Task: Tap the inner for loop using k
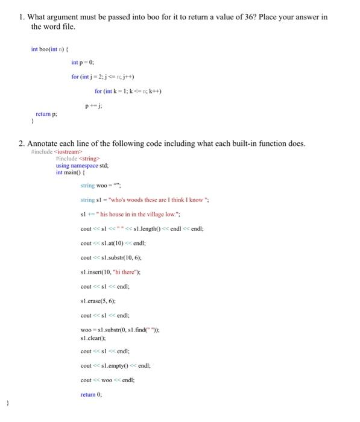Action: pyautogui.click(x=128, y=91)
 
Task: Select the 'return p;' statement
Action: pyautogui.click(x=47, y=113)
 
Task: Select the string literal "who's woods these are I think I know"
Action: pyautogui.click(x=156, y=200)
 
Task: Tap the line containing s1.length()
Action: pyautogui.click(x=142, y=228)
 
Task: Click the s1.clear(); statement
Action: pyautogui.click(x=92, y=337)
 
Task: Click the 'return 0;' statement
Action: pyautogui.click(x=91, y=394)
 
